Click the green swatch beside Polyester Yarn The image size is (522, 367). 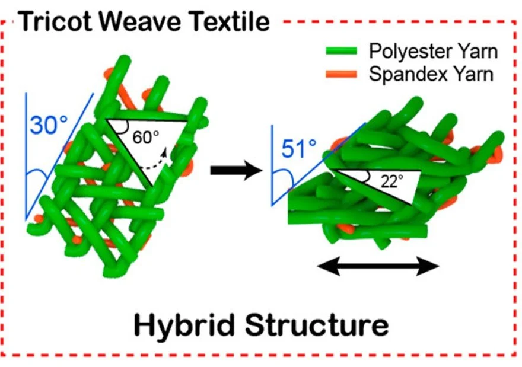coord(341,52)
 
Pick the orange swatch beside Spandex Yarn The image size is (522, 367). coord(341,75)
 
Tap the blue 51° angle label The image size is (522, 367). coord(300,148)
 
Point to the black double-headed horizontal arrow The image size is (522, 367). coord(378,267)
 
